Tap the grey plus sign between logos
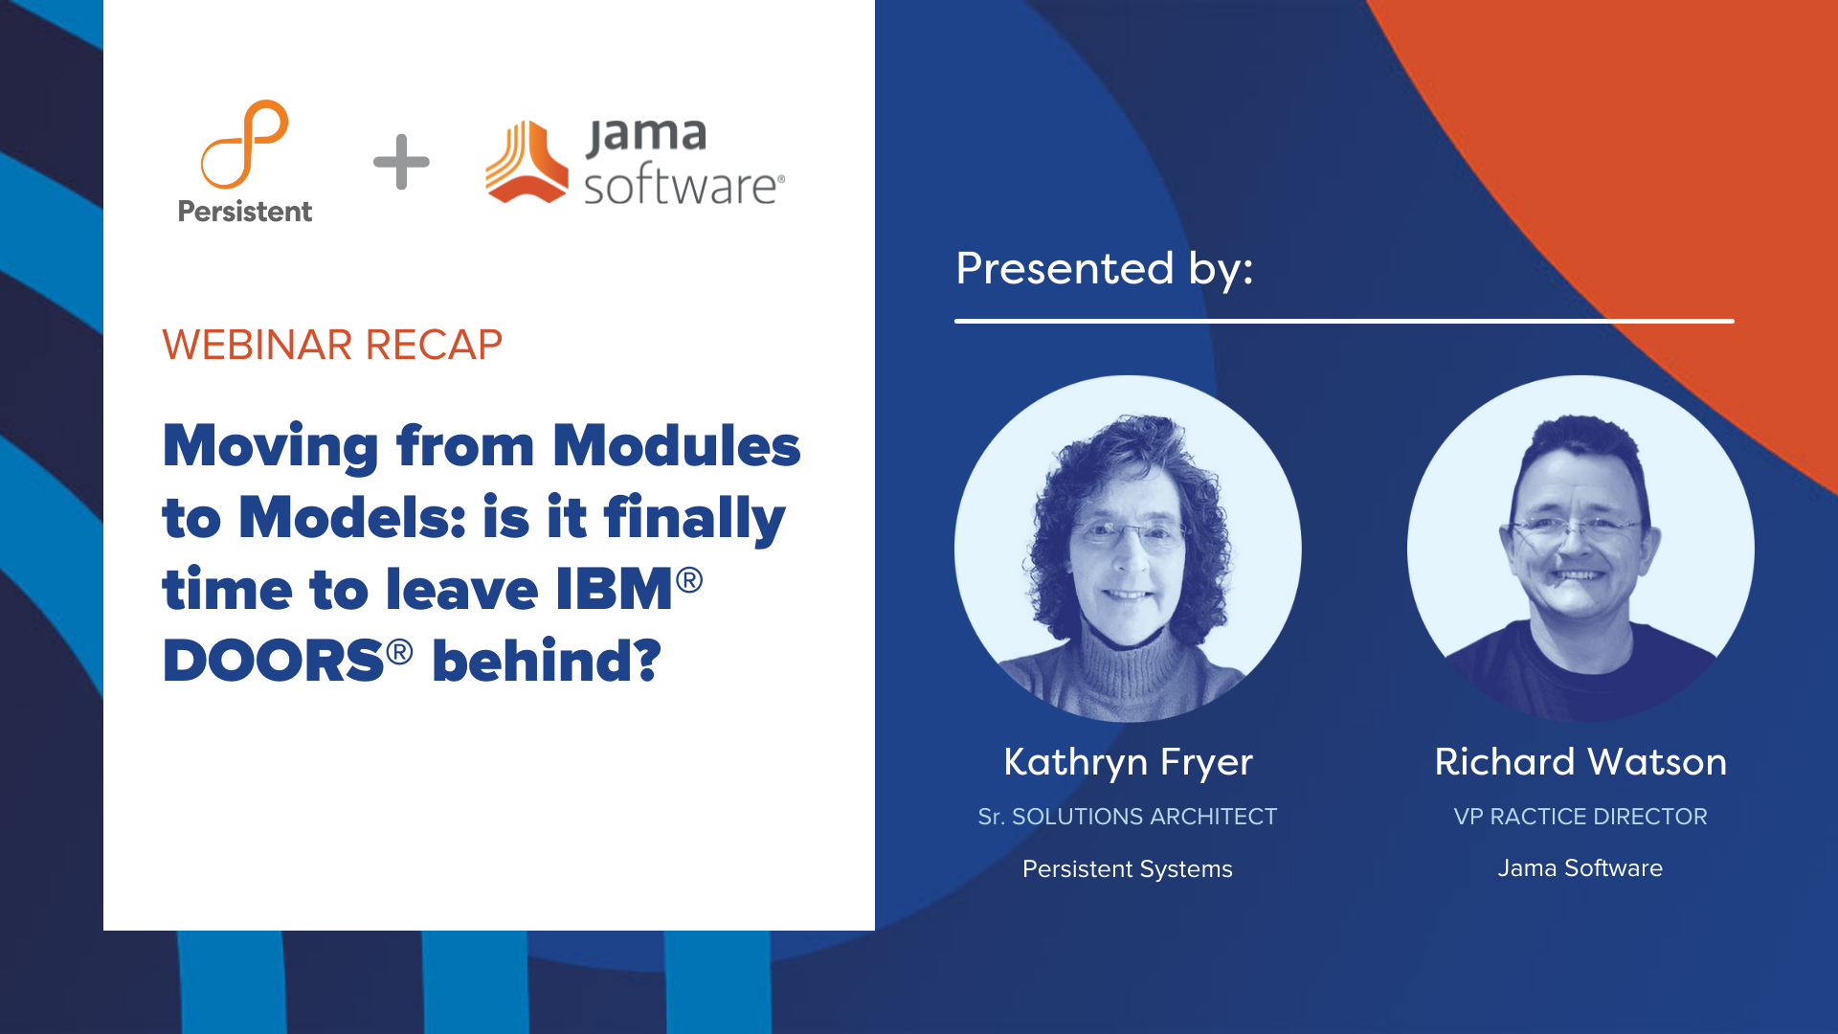[401, 162]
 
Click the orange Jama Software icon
[527, 162]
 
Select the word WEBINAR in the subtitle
[258, 345]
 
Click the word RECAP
[434, 345]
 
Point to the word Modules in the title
[676, 446]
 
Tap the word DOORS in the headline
[274, 661]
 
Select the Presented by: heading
[1105, 268]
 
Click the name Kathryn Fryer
[1128, 762]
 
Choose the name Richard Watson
[1580, 762]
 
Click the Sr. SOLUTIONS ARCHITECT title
[1128, 817]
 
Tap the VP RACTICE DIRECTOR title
[1580, 817]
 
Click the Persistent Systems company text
[1128, 869]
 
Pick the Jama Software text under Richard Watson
[1580, 868]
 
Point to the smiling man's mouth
[1576, 575]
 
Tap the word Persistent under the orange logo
[245, 212]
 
